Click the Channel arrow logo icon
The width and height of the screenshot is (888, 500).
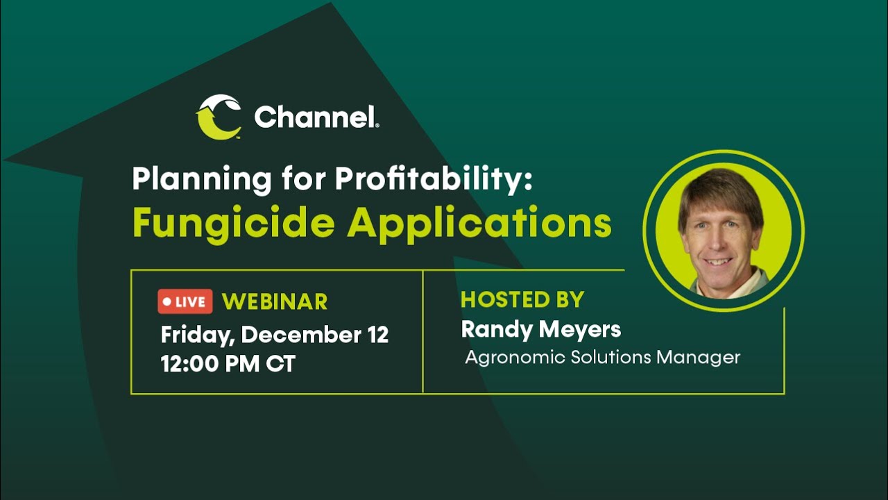[219, 117]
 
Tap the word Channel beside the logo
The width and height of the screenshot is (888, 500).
[316, 117]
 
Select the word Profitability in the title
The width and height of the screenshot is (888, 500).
[433, 180]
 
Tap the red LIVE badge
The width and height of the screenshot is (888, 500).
[185, 301]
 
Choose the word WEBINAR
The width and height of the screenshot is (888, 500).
[275, 301]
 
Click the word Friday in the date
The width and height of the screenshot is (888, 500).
[197, 335]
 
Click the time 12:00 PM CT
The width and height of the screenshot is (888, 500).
[228, 363]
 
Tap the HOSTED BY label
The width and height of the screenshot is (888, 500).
[522, 299]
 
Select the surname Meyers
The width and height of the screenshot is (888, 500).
[580, 330]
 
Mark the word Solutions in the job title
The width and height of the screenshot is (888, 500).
[610, 358]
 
